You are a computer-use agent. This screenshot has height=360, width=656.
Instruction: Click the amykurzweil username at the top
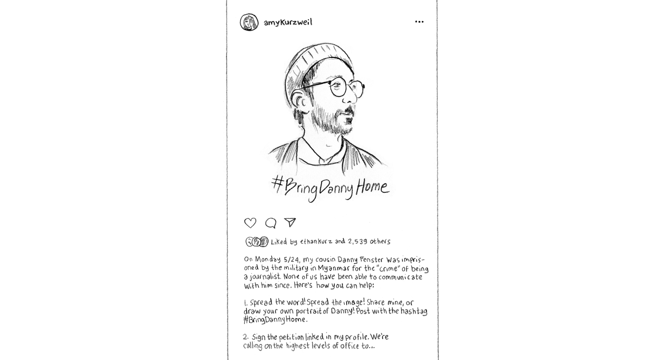288,22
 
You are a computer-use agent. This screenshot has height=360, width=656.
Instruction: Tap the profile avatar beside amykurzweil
249,22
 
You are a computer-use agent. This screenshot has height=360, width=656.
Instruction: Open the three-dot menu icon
419,22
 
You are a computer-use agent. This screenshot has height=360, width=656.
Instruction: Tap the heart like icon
250,223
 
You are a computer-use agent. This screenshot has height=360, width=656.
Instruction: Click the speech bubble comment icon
271,223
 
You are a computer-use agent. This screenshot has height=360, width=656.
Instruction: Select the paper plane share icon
290,222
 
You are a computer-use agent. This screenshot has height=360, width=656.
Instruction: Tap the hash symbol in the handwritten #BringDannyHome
277,183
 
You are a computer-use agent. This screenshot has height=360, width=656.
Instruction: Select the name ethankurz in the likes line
316,242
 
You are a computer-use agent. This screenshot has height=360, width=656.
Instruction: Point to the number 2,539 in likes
357,242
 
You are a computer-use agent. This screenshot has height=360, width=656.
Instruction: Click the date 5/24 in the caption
292,260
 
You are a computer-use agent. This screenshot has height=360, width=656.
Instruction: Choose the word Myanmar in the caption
334,268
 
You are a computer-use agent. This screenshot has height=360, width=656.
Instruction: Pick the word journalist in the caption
265,277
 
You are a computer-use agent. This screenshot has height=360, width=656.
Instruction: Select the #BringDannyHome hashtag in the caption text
274,320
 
